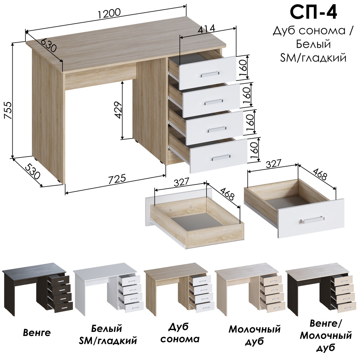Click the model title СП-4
(313, 13)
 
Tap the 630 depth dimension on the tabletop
(48, 46)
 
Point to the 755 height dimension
(8, 111)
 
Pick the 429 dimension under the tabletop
(118, 110)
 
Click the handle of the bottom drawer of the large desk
(220, 157)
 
